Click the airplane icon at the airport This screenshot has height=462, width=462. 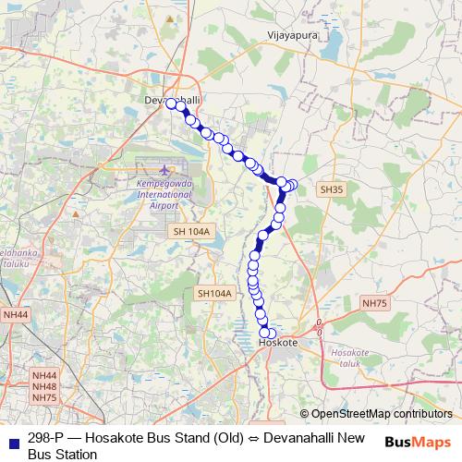pos(165,170)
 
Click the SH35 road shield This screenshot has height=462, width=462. pos(331,189)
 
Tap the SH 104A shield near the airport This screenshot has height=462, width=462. pos(191,231)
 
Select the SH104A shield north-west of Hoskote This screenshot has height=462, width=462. pos(214,294)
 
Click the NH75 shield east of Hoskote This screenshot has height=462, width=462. pos(374,303)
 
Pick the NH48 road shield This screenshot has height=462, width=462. pos(44,386)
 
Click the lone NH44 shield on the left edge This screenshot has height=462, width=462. pos(16,315)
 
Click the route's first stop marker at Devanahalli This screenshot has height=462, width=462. pos(171,103)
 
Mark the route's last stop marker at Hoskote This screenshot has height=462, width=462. pos(271,334)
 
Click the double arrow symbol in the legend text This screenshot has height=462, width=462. pos(238,438)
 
